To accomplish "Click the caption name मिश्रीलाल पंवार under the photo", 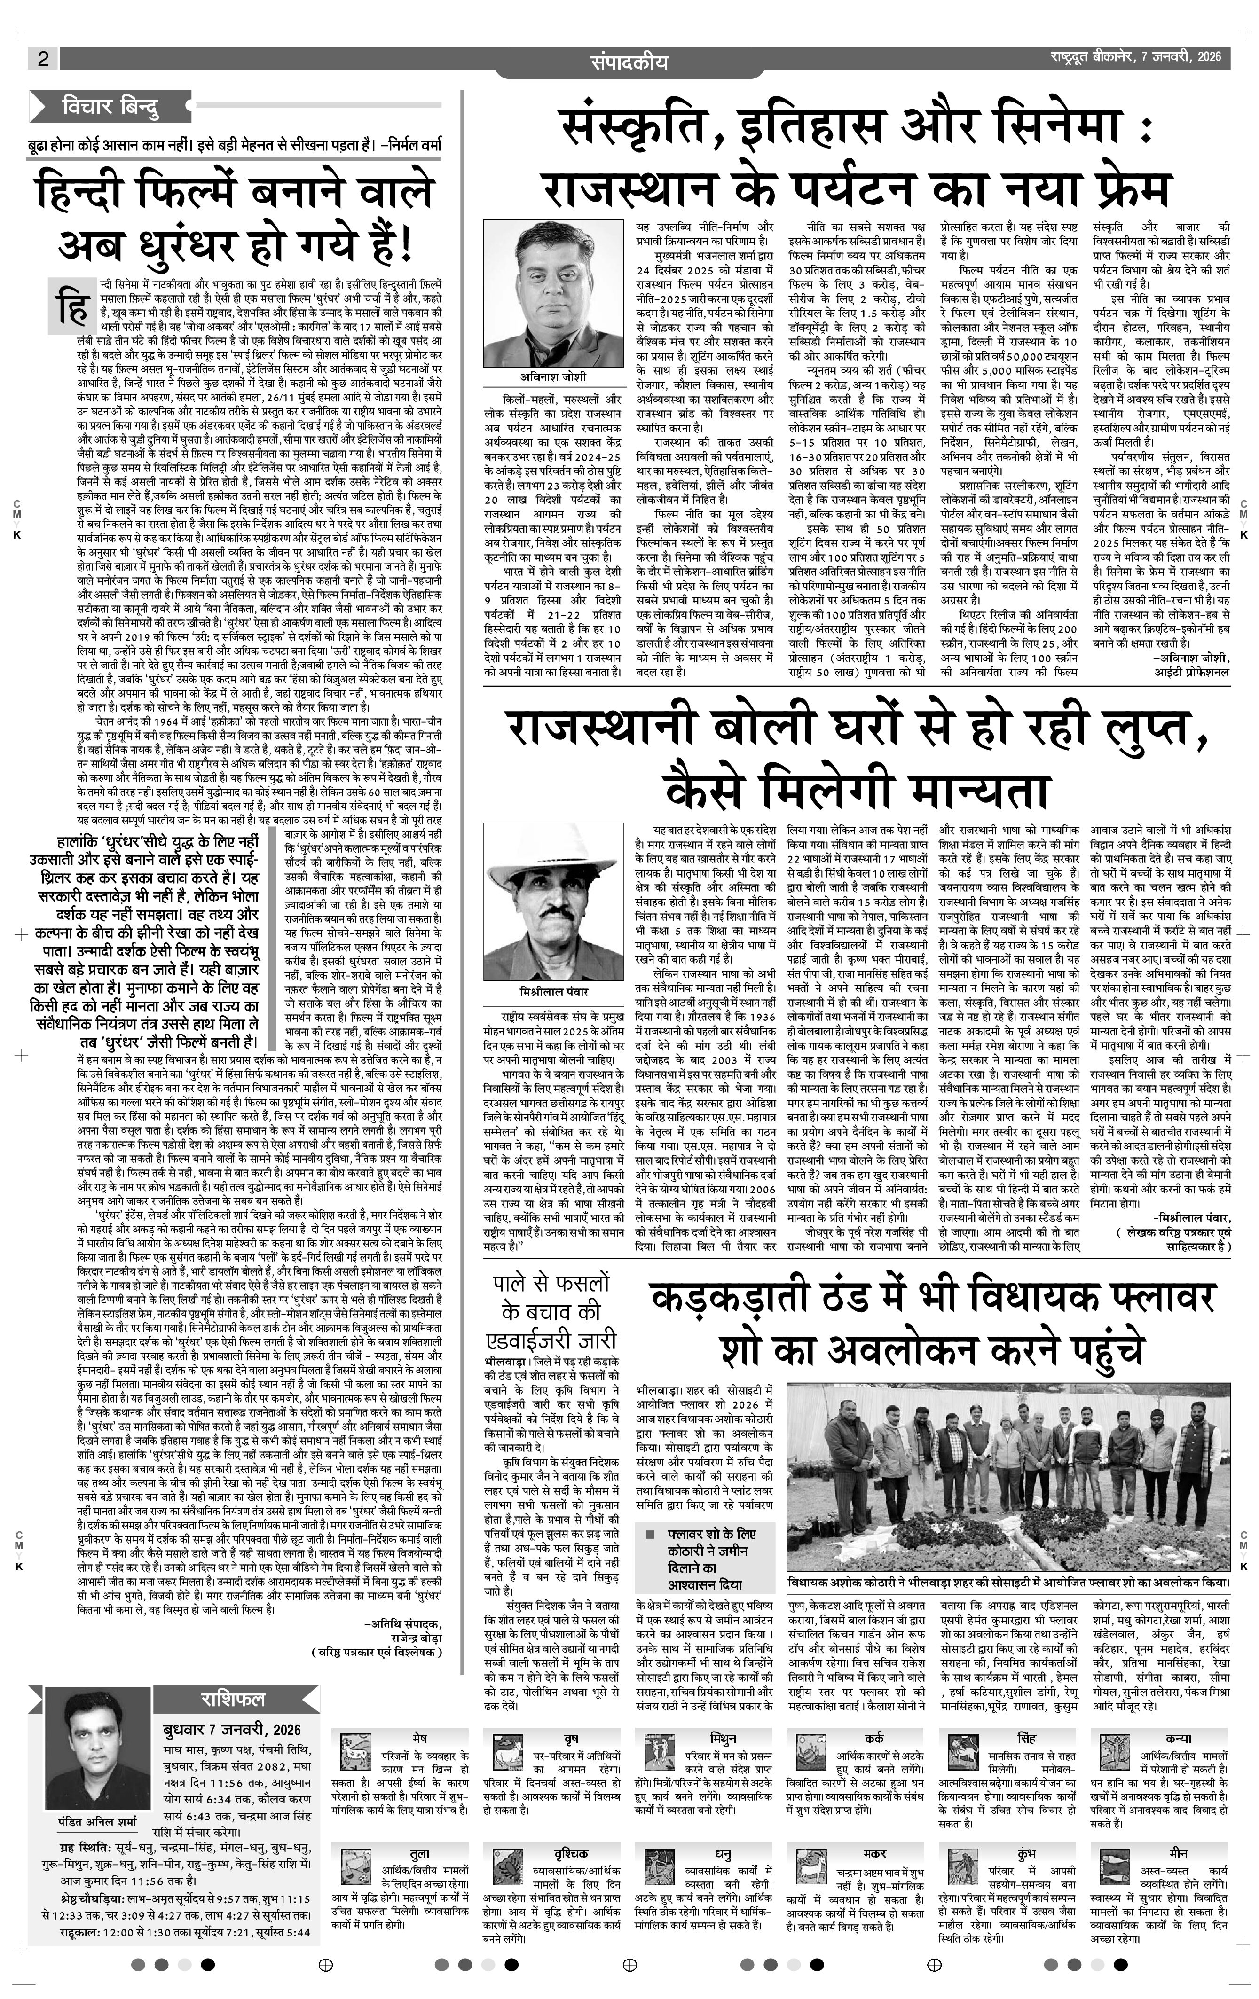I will tap(552, 992).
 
